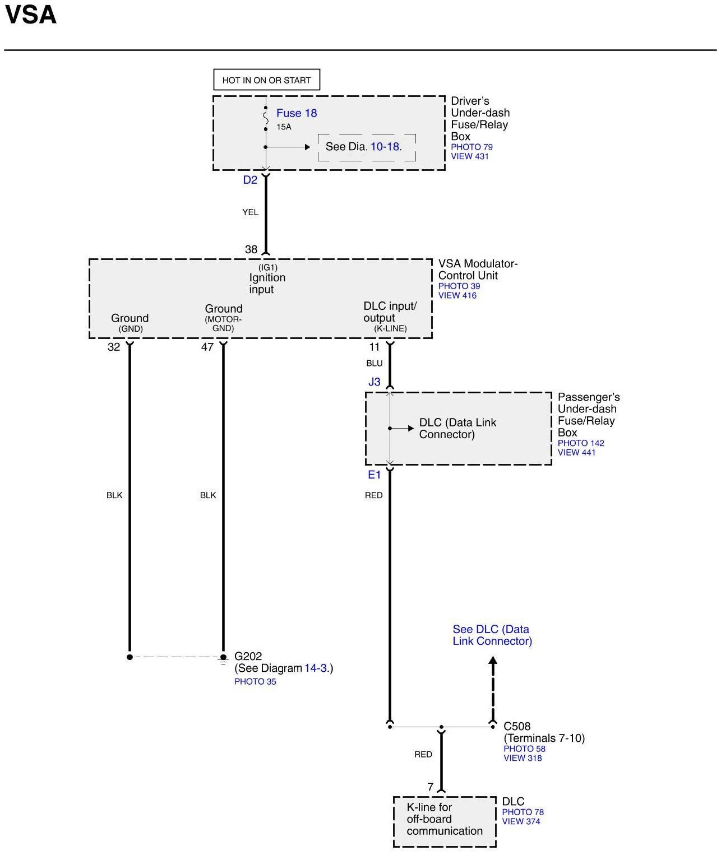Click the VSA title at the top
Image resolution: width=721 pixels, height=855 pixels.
[31, 15]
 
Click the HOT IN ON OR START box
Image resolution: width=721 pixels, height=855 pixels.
[266, 80]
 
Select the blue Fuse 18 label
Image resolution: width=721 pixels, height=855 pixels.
[297, 113]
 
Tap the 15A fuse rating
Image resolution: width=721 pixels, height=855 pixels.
[284, 127]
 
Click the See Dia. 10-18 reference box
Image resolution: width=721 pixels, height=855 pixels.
[367, 147]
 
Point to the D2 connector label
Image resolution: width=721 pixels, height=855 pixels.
[250, 180]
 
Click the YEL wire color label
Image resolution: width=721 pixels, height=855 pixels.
[250, 212]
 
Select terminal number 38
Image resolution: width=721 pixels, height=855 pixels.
[251, 249]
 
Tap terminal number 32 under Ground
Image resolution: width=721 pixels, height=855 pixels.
[114, 347]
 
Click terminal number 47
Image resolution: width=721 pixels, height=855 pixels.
[207, 347]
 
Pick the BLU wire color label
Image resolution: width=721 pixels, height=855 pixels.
[374, 363]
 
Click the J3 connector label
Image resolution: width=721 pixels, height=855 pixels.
[374, 382]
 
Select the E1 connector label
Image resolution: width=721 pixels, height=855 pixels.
[374, 475]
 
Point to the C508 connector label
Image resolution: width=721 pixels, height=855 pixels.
[517, 726]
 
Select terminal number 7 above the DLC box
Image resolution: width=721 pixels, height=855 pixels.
[431, 787]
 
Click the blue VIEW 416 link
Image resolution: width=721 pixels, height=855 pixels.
[457, 295]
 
